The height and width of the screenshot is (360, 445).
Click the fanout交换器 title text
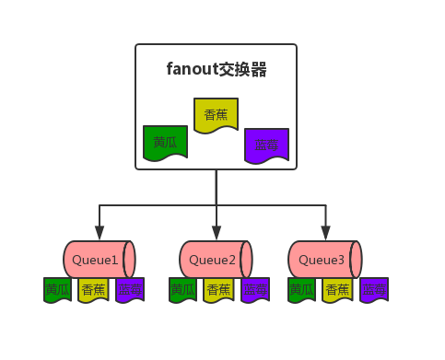click(x=217, y=69)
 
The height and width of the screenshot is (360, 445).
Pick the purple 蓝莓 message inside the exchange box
click(x=266, y=145)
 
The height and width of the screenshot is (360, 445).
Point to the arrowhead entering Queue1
click(x=99, y=233)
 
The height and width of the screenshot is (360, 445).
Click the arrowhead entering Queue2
click(x=217, y=233)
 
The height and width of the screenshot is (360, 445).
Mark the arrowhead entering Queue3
click(x=325, y=233)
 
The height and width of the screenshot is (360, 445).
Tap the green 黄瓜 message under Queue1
click(x=57, y=289)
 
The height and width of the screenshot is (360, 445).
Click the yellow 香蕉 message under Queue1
click(x=93, y=289)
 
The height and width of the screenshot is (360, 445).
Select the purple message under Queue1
click(x=130, y=289)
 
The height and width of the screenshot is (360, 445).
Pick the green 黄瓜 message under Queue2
click(x=182, y=289)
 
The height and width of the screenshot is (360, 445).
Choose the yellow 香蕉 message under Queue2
click(x=218, y=289)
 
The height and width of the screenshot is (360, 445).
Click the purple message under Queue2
click(x=255, y=289)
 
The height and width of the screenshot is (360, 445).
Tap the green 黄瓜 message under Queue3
click(x=301, y=289)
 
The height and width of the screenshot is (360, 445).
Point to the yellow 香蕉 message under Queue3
click(x=337, y=289)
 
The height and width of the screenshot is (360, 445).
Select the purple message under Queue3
click(x=374, y=289)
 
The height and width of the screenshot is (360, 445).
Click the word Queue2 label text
click(x=213, y=261)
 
